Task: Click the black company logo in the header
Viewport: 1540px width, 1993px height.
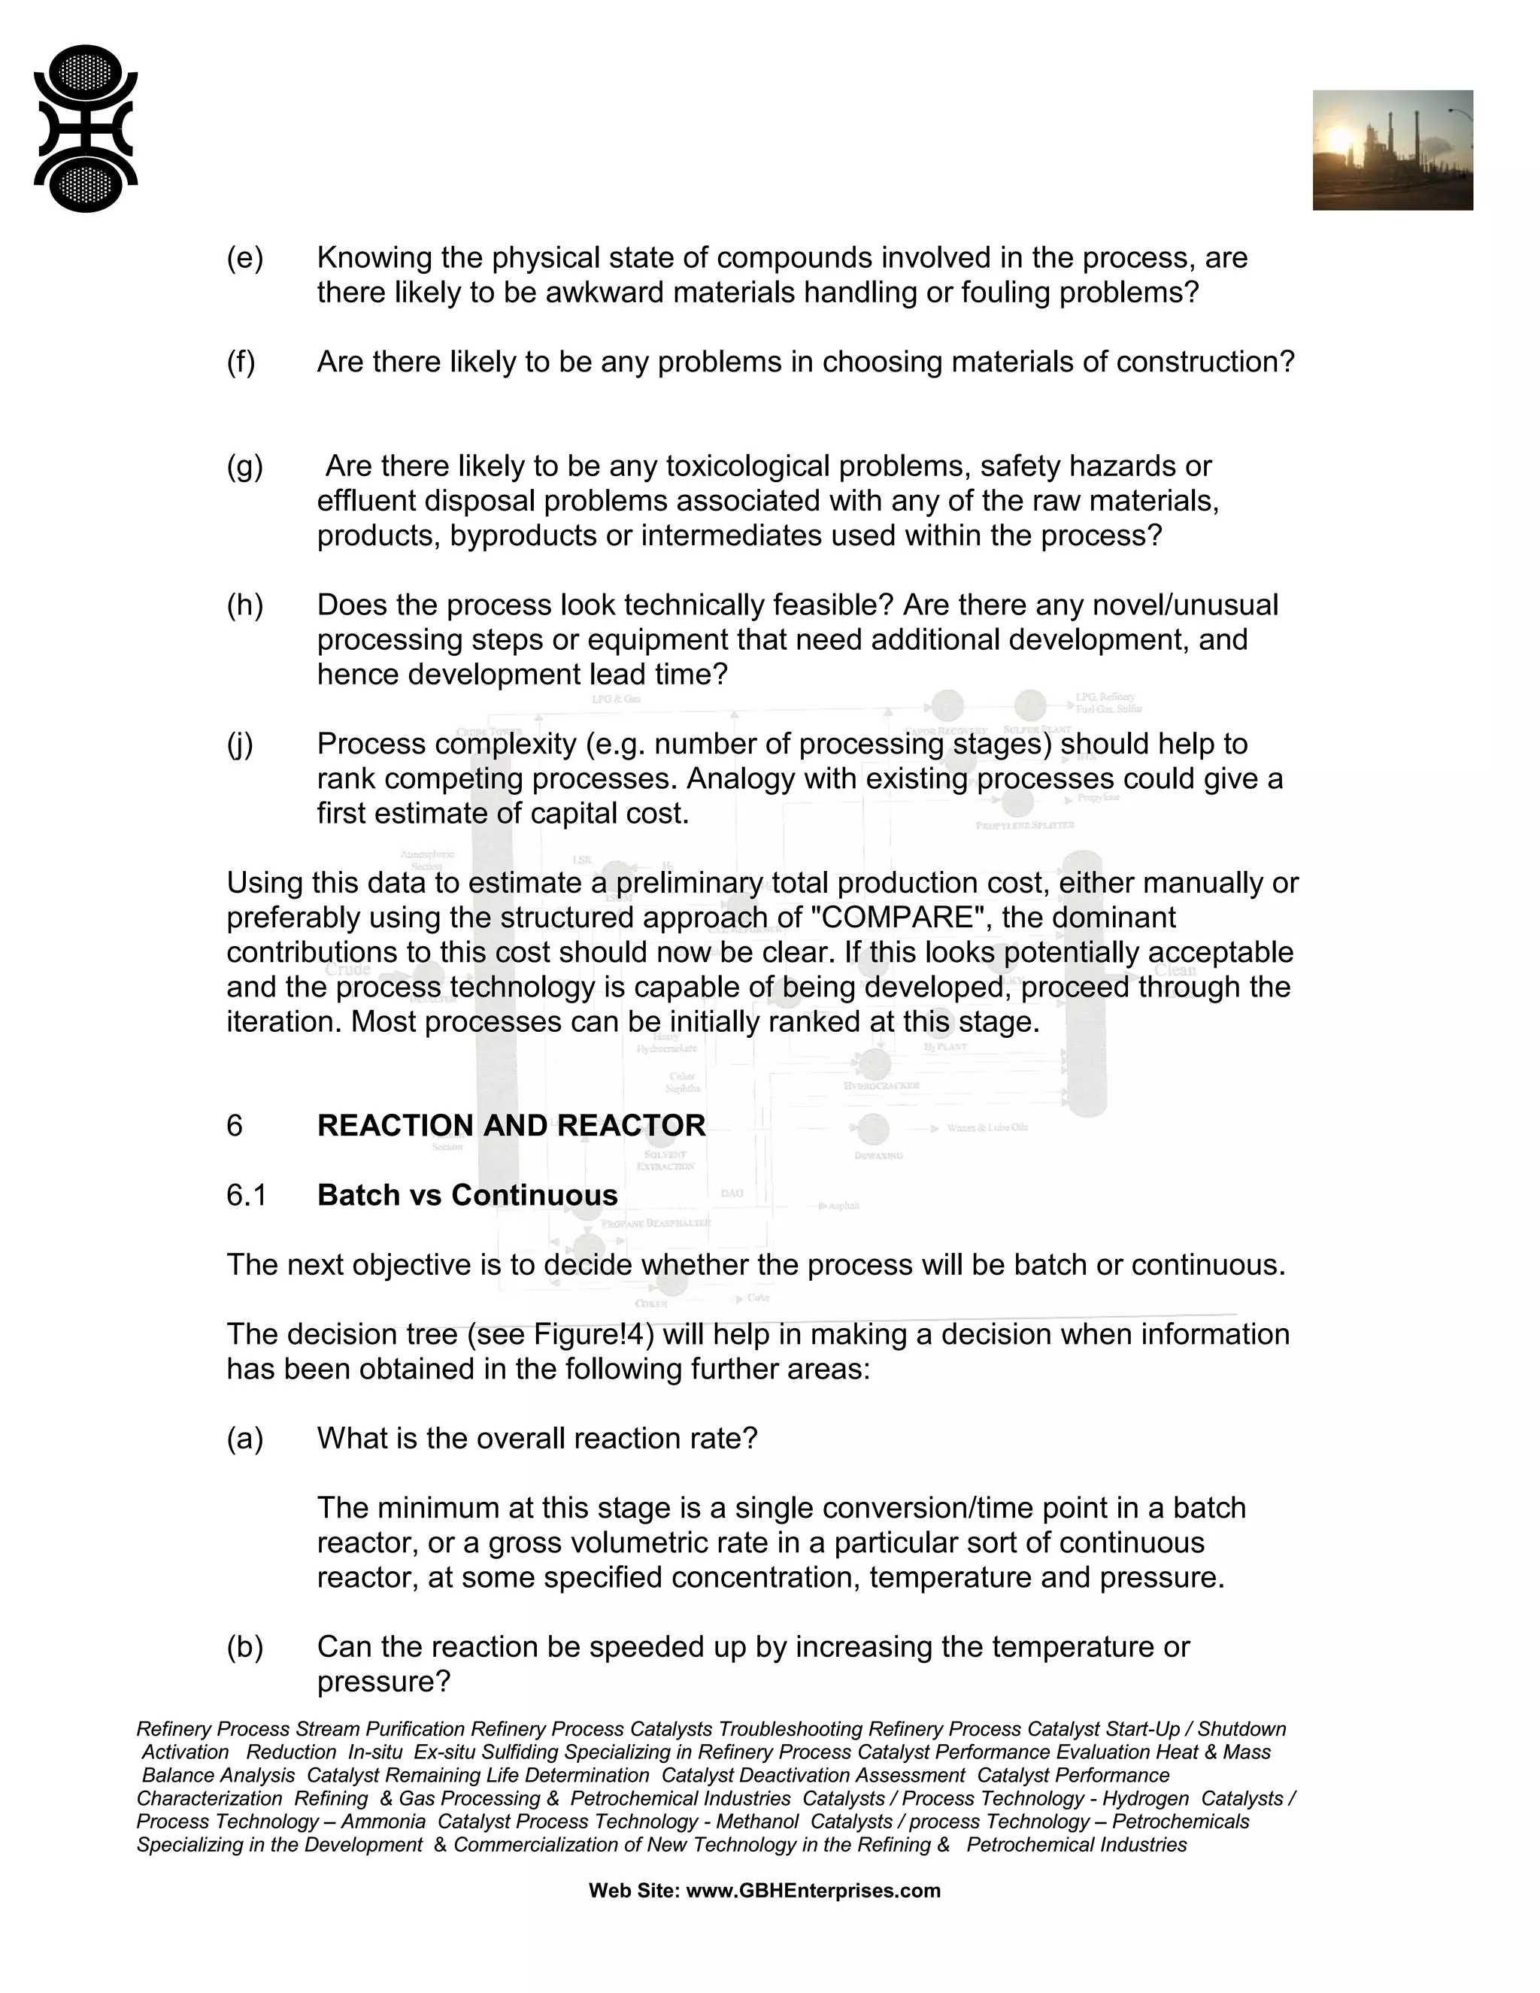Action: tap(86, 129)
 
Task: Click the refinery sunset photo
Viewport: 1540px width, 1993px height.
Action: tap(1392, 150)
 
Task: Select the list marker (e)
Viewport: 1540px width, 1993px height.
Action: tap(244, 258)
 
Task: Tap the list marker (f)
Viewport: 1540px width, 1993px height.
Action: tap(241, 363)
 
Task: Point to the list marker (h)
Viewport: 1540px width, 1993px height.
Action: tap(244, 605)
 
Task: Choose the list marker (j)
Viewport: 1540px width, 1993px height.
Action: tap(240, 744)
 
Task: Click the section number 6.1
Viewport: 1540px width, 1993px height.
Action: tap(247, 1196)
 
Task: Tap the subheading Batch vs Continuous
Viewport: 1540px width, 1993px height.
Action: tap(467, 1196)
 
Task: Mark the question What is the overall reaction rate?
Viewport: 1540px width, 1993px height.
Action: tap(538, 1438)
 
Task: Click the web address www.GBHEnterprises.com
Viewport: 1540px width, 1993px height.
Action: tap(813, 1891)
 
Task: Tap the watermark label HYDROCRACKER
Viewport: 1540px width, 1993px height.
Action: tap(881, 1086)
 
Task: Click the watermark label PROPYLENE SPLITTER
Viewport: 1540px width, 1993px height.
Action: tap(1025, 825)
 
